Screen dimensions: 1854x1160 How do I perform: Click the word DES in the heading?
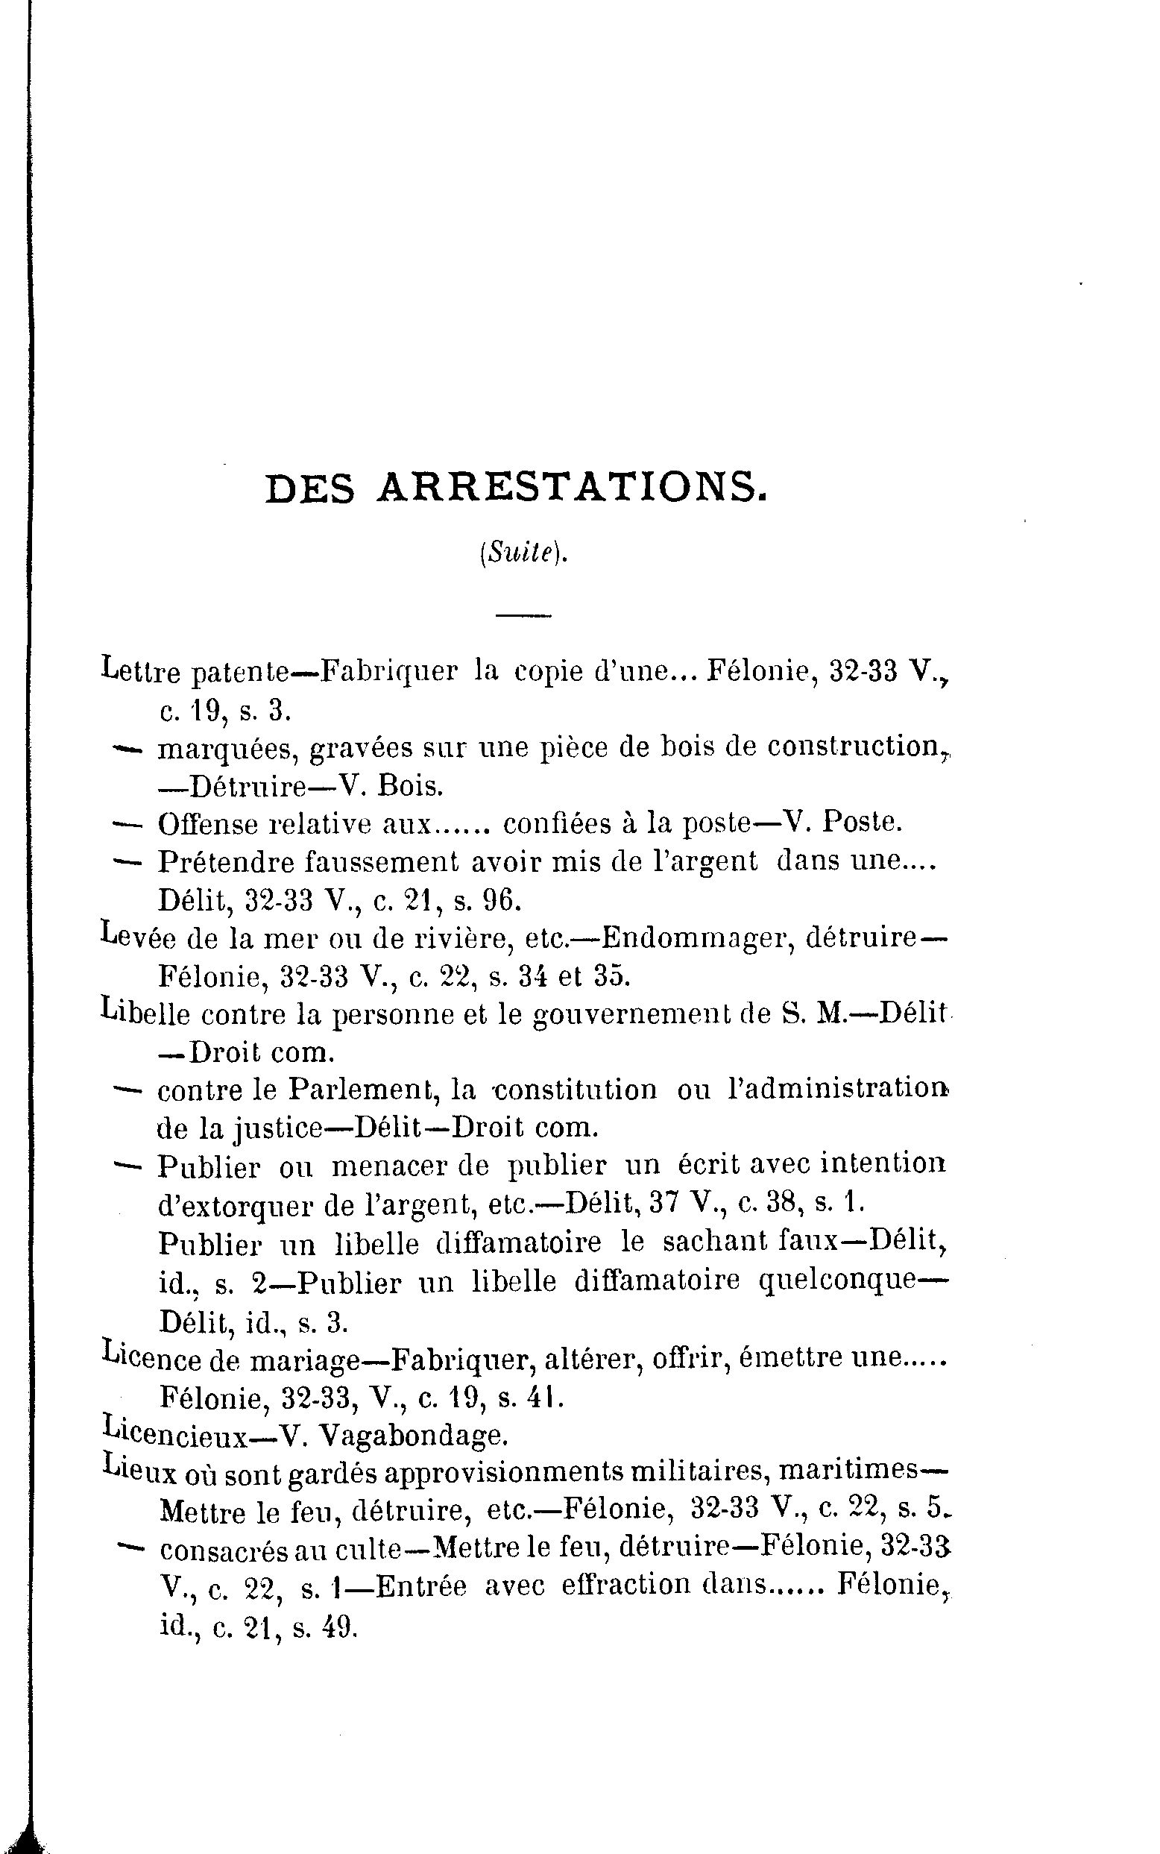click(x=310, y=488)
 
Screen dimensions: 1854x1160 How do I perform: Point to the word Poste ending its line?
click(x=862, y=823)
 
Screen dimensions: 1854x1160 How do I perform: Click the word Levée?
click(x=138, y=937)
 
